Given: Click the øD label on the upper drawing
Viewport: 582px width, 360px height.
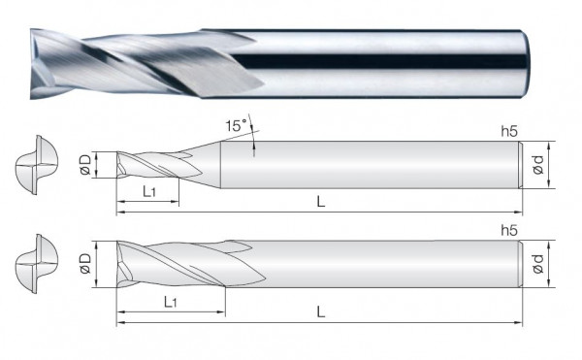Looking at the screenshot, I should pos(86,164).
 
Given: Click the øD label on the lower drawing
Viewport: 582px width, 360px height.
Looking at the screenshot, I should pos(86,262).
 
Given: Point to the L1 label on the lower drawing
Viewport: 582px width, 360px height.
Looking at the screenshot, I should pos(170,303).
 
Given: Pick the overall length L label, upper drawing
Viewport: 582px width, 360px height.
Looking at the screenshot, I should pos(321,200).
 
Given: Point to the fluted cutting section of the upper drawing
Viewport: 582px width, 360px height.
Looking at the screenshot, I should pos(145,164).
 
